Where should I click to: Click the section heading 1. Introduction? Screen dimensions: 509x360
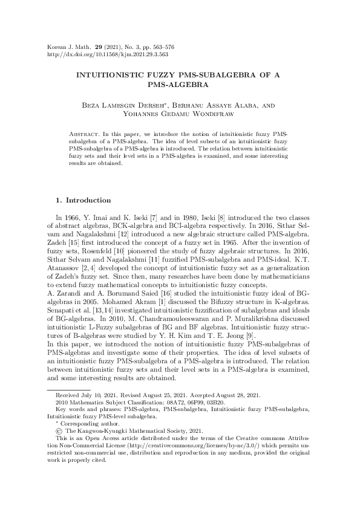83,199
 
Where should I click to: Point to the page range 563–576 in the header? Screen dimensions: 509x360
159,45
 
